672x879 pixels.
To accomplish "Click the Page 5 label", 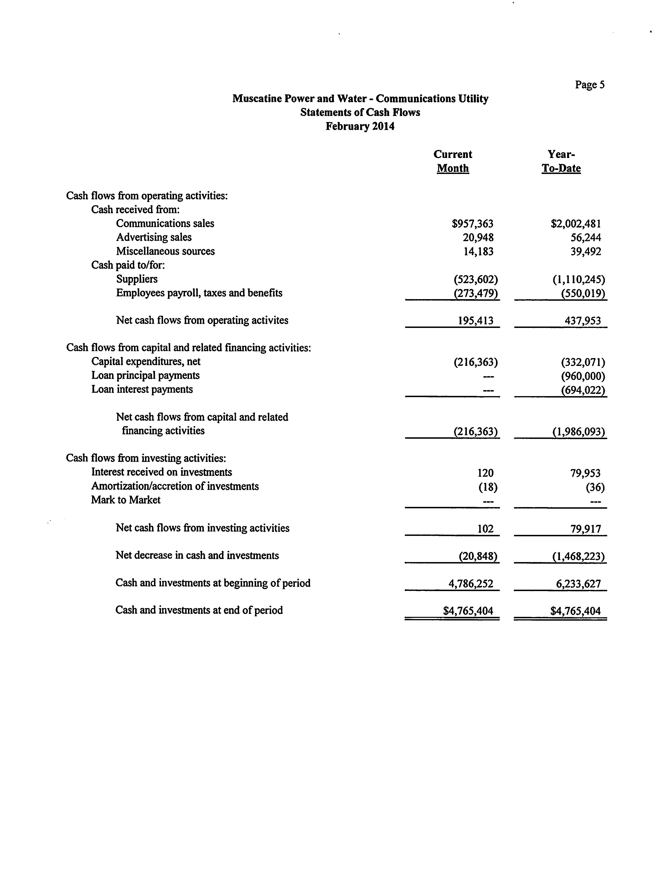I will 590,85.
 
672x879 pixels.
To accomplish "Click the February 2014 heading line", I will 360,127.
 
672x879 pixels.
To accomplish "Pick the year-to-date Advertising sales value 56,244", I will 586,238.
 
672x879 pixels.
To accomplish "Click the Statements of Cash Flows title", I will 360,113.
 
